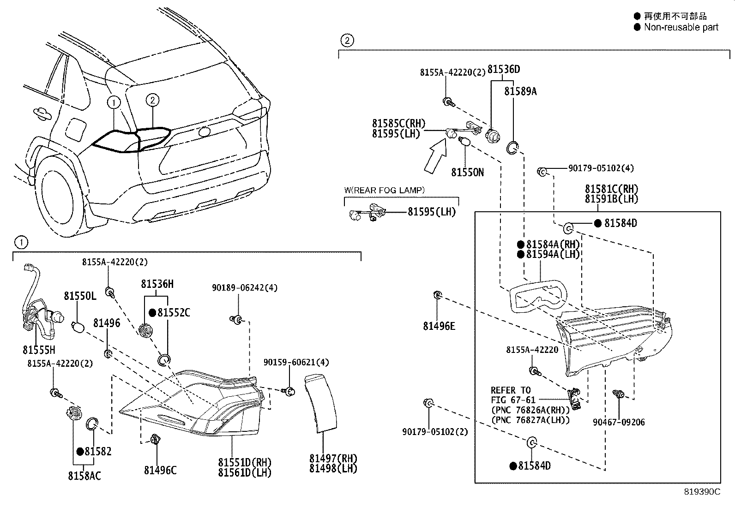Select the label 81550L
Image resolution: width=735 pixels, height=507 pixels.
(80, 296)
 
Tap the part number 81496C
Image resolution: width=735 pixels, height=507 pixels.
(160, 470)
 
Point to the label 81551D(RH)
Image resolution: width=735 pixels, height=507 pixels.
(245, 462)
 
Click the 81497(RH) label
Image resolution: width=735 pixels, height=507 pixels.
(333, 458)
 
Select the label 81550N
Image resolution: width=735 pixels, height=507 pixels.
(467, 173)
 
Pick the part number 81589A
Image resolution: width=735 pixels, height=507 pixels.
(520, 91)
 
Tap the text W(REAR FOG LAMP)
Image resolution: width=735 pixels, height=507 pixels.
(384, 190)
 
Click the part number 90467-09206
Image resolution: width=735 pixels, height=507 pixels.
(619, 422)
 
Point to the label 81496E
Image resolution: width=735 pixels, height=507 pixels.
(439, 326)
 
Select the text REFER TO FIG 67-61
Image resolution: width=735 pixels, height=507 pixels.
(511, 395)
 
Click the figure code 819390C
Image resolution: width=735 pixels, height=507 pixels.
(702, 492)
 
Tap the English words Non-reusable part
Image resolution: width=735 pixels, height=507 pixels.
(681, 27)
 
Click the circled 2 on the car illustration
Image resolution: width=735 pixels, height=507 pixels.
(153, 100)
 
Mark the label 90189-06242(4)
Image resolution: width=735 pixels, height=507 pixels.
(245, 287)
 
